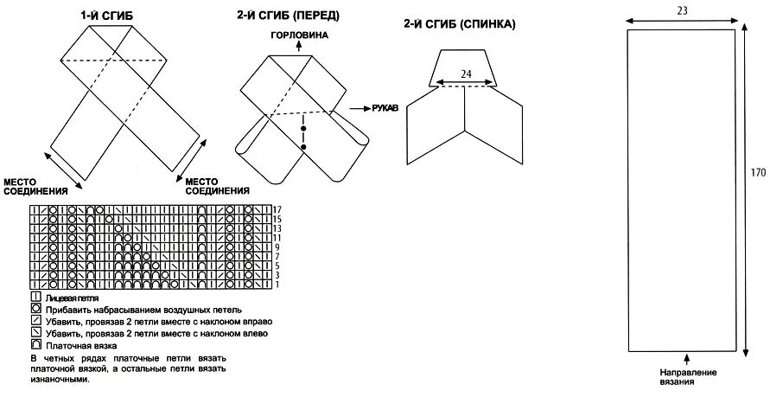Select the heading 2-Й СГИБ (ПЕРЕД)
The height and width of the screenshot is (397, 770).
click(x=287, y=16)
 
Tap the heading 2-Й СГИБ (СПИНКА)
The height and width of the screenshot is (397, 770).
click(x=459, y=24)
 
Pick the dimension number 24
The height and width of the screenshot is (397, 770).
click(x=466, y=74)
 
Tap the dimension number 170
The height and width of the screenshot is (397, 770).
click(x=758, y=173)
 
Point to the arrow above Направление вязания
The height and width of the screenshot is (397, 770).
click(x=687, y=357)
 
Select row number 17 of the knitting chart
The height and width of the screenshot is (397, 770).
click(x=277, y=210)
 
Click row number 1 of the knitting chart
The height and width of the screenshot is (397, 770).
click(x=277, y=285)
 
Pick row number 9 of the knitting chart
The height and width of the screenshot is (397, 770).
click(x=277, y=247)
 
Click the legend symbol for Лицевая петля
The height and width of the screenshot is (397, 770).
click(x=36, y=297)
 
